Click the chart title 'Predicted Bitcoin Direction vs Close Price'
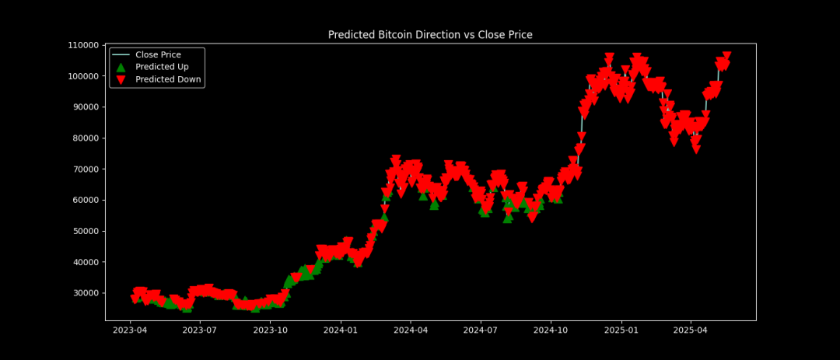430,35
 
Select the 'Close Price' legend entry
158,55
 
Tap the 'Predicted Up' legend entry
162,67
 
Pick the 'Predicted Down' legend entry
168,79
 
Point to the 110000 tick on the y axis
82,45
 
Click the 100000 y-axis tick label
82,76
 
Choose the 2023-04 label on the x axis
130,330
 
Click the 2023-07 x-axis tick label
200,330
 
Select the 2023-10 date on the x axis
271,330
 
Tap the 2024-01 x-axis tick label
341,330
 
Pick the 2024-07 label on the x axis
481,330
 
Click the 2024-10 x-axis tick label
551,330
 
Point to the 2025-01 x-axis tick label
622,330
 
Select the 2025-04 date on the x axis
691,330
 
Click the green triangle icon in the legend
121,67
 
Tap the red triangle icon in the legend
121,79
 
